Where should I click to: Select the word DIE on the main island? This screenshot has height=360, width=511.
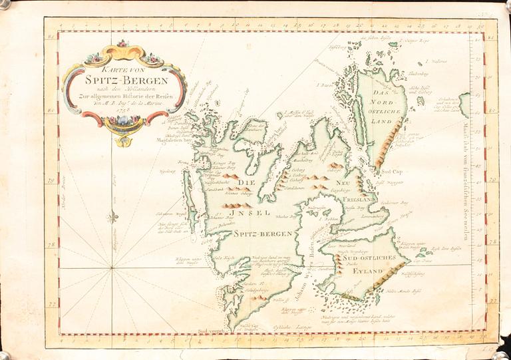(x=248, y=182)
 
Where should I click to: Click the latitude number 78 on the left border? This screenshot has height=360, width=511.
(x=52, y=245)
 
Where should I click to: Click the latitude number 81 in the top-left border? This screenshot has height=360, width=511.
(x=52, y=38)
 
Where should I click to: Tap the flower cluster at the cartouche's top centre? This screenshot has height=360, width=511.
(x=122, y=44)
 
